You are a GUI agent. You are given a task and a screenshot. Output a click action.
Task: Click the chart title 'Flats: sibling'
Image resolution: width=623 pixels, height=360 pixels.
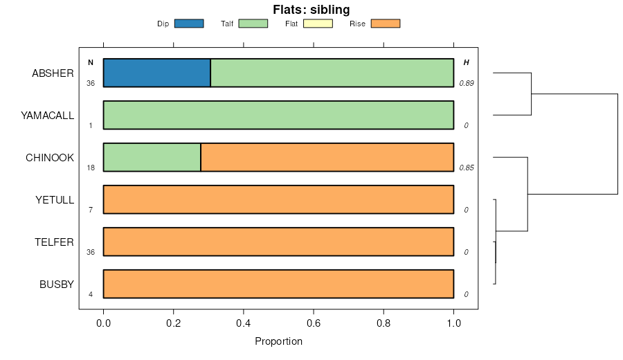(311, 10)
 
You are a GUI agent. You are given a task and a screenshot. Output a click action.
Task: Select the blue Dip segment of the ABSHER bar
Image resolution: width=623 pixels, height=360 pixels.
(156, 73)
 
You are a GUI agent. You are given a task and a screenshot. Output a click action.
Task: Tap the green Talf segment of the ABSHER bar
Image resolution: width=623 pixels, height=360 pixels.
(332, 73)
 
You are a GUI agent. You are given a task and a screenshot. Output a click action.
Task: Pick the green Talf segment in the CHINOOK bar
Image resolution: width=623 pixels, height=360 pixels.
(152, 157)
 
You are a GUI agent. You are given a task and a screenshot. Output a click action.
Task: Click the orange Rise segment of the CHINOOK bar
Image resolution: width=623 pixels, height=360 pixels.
(327, 157)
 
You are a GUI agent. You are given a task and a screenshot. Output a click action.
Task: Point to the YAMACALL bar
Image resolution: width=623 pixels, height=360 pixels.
(278, 115)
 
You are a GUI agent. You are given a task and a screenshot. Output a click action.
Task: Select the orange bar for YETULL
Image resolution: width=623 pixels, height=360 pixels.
(278, 199)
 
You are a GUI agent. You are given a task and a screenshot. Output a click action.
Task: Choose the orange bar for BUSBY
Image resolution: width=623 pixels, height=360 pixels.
(278, 284)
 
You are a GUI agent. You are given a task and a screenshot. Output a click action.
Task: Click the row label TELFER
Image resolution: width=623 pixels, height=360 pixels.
(54, 242)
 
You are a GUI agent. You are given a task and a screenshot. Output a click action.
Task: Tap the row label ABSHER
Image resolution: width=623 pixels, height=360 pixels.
(53, 73)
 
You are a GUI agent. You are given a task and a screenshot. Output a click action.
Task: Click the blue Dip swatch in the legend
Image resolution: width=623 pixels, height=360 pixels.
(188, 24)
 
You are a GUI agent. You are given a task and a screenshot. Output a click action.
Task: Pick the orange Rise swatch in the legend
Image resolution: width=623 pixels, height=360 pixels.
(386, 24)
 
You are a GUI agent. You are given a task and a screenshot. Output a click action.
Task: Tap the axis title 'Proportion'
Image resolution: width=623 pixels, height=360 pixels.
(278, 341)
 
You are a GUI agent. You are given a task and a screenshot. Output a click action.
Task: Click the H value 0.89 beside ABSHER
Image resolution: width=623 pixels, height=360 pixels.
(466, 83)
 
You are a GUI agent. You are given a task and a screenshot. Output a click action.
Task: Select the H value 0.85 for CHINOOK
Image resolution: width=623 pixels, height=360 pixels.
(466, 168)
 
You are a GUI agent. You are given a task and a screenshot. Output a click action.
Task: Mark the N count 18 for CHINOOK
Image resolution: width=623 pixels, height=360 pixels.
(91, 168)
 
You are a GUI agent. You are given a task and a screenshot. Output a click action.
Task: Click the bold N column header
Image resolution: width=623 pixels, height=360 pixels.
(90, 62)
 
